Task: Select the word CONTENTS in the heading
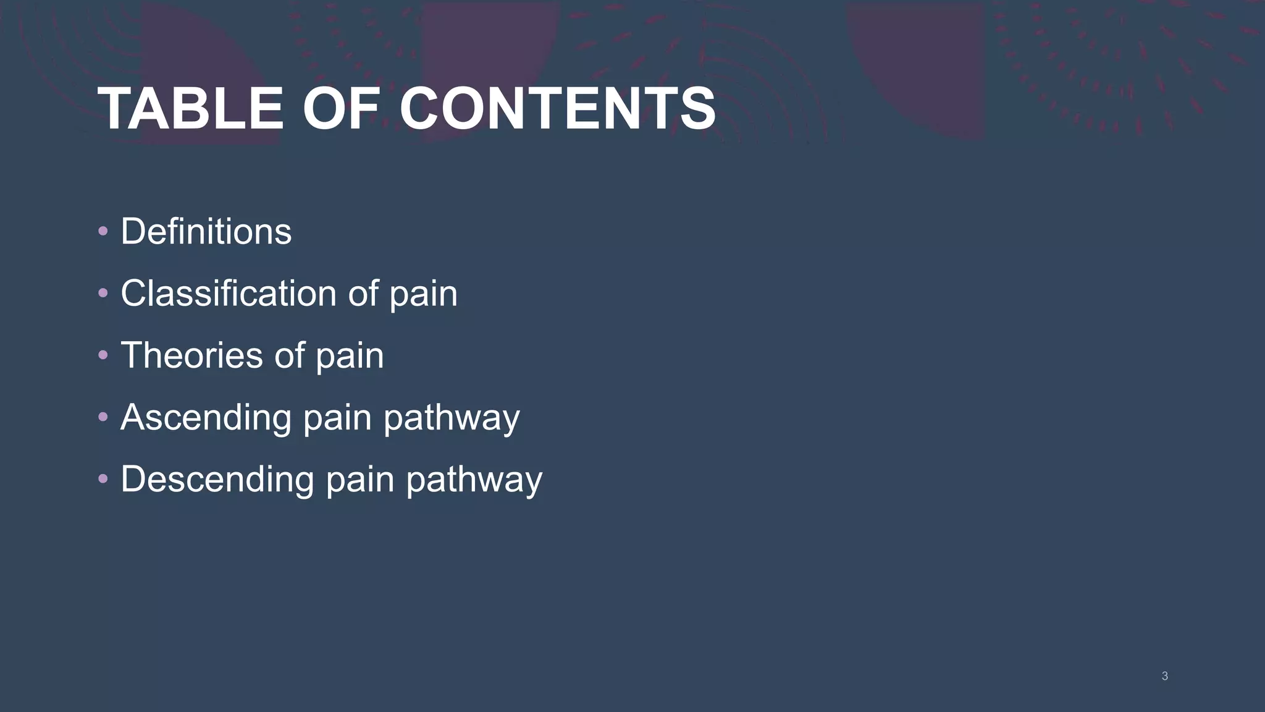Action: click(558, 109)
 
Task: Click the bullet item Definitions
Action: click(206, 232)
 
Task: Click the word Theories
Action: click(191, 355)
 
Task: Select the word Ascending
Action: click(206, 418)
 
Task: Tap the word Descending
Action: click(217, 480)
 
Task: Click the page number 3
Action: click(1164, 676)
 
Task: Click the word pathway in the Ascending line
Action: click(452, 419)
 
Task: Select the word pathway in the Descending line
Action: click(474, 481)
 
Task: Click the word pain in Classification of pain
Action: click(423, 295)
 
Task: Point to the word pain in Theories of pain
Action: click(350, 357)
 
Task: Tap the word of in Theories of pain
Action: click(289, 355)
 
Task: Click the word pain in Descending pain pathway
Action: click(359, 481)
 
